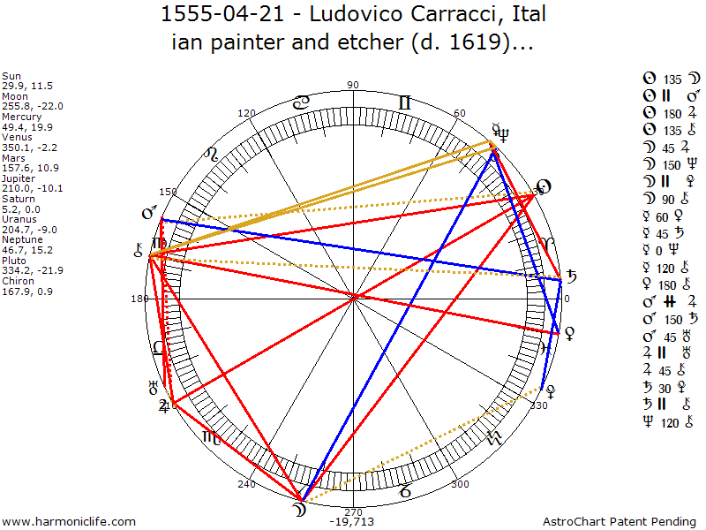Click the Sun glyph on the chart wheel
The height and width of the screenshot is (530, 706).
543,186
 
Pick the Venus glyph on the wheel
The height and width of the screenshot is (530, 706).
570,333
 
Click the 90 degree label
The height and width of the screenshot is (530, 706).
353,86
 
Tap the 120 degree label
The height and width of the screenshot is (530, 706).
246,114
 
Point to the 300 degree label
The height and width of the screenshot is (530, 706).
460,484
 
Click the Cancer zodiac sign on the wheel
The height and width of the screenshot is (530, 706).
302,103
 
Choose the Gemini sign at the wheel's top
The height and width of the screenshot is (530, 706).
404,103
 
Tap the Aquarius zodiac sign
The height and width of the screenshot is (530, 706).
492,437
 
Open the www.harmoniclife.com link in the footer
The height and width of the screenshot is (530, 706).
70,522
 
